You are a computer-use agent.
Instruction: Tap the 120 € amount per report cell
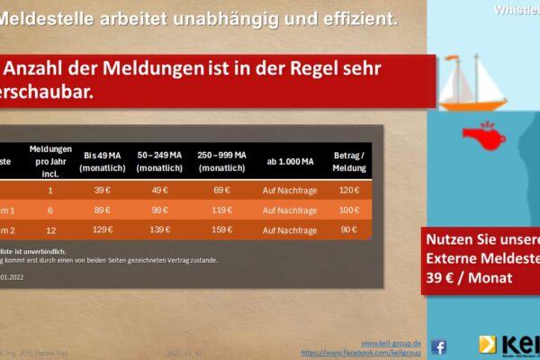click(350, 192)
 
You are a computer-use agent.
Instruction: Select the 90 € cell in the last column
click(350, 230)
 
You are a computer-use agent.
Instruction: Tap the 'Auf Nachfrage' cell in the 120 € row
click(290, 192)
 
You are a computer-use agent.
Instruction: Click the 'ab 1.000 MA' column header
click(290, 161)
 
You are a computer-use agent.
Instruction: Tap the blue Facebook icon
click(439, 346)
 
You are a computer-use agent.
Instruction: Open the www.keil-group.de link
click(397, 343)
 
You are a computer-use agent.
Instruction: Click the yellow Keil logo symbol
click(487, 345)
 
